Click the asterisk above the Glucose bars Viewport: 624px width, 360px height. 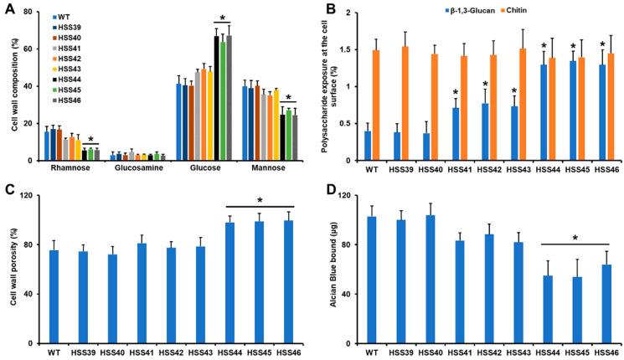click(x=223, y=18)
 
